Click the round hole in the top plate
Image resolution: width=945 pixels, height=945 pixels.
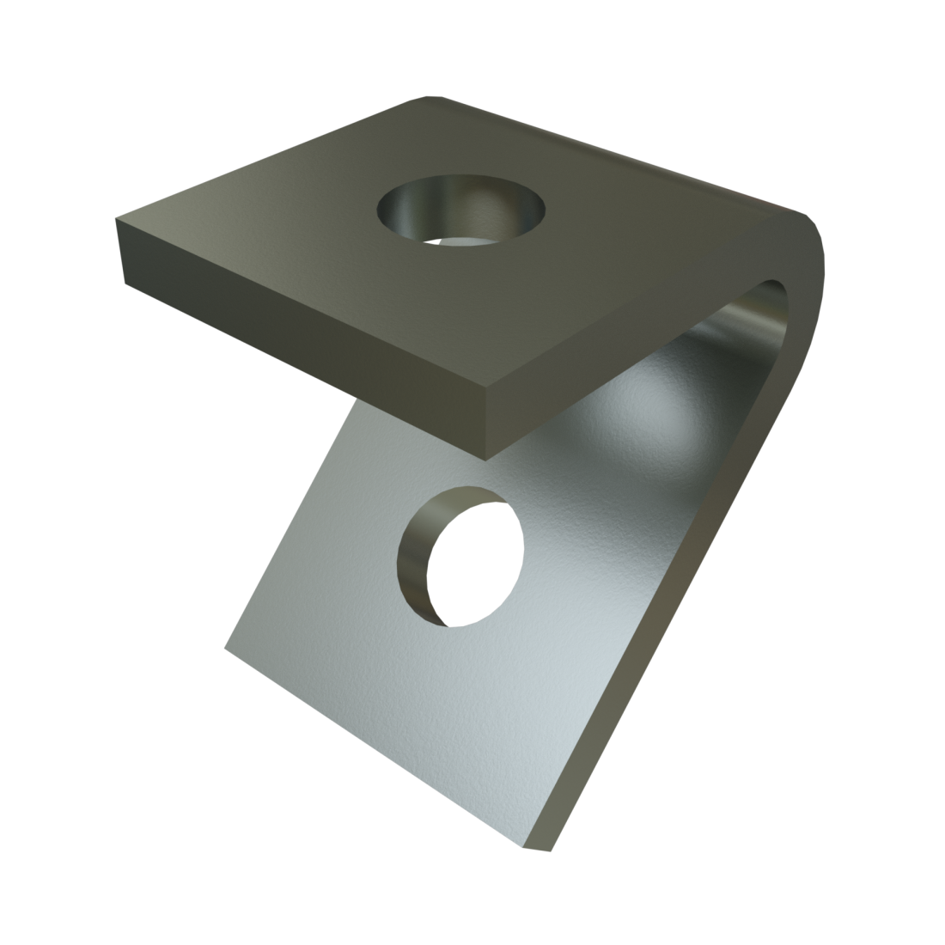[x=461, y=211]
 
